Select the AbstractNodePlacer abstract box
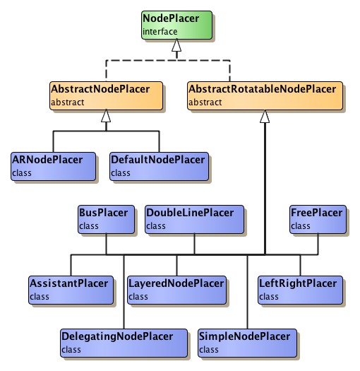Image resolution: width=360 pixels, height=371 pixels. pyautogui.click(x=105, y=95)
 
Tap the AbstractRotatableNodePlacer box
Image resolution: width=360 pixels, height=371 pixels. pyautogui.click(x=265, y=95)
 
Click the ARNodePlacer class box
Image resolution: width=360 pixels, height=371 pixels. pyautogui.click(x=56, y=165)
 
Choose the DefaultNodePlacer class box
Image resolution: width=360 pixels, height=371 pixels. pyautogui.click(x=159, y=165)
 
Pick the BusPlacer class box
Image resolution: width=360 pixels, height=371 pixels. pyautogui.click(x=106, y=218)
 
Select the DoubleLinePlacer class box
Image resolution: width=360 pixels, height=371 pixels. pyautogui.click(x=194, y=218)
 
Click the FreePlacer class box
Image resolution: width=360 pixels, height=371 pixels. pyautogui.click(x=317, y=218)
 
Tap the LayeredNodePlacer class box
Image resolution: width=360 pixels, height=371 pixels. pyautogui.click(x=176, y=289)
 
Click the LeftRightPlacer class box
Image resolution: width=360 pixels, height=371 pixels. pyautogui.click(x=299, y=289)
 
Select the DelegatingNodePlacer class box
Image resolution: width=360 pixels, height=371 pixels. pyautogui.click(x=124, y=342)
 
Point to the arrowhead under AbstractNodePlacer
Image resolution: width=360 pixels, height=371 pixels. pyautogui.click(x=106, y=117)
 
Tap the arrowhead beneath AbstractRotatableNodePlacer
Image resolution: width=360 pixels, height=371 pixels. pyautogui.click(x=265, y=117)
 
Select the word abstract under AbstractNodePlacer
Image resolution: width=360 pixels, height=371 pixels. pyautogui.click(x=67, y=103)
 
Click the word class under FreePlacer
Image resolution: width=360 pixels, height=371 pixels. pyautogui.click(x=301, y=226)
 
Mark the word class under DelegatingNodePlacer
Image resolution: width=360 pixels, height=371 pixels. pyautogui.click(x=71, y=350)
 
